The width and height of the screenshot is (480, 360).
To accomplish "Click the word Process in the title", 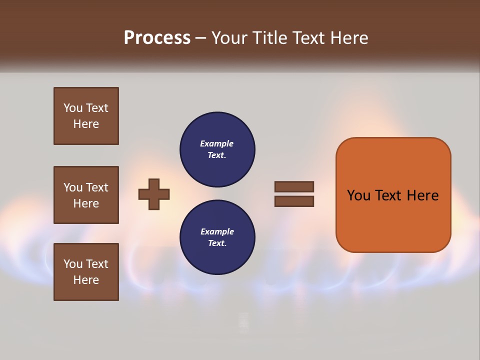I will pyautogui.click(x=157, y=38).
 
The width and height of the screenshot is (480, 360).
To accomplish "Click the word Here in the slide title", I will pyautogui.click(x=348, y=38).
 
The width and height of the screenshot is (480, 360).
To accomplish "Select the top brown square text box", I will pyautogui.click(x=86, y=116).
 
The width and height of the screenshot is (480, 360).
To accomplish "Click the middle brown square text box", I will pyautogui.click(x=86, y=195).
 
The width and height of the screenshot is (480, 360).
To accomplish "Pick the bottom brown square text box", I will pyautogui.click(x=86, y=272).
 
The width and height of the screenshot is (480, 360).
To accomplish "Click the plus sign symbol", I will pyautogui.click(x=154, y=194).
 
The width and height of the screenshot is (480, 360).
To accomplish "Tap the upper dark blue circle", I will pyautogui.click(x=217, y=149).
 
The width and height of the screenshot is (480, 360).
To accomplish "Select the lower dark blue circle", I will pyautogui.click(x=217, y=237).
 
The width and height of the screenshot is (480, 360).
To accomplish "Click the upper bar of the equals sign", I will pyautogui.click(x=294, y=186).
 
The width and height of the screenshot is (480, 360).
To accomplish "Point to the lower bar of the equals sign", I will pyautogui.click(x=294, y=201).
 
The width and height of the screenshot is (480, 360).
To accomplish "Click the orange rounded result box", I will pyautogui.click(x=393, y=195).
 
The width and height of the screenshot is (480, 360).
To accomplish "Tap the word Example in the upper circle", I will pyautogui.click(x=217, y=143).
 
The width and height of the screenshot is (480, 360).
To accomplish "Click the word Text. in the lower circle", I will pyautogui.click(x=217, y=243).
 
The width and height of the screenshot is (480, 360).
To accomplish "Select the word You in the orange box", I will pyautogui.click(x=358, y=195).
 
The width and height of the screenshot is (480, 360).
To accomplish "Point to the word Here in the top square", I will pyautogui.click(x=86, y=124).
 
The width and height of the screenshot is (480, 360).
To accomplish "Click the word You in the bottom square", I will pyautogui.click(x=73, y=264).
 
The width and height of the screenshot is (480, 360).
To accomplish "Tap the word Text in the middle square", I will pyautogui.click(x=97, y=187).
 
